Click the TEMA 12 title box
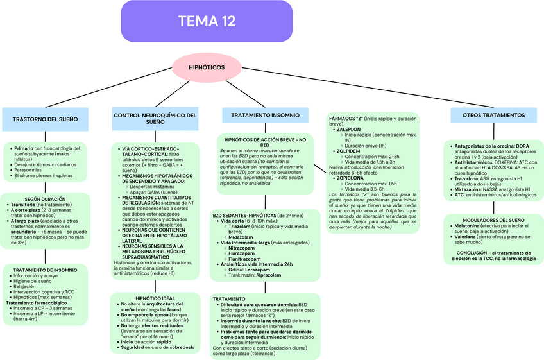coord(206,21)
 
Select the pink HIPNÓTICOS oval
coord(206,67)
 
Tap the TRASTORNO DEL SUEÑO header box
coord(45,119)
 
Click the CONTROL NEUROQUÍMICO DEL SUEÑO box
coord(155,118)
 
